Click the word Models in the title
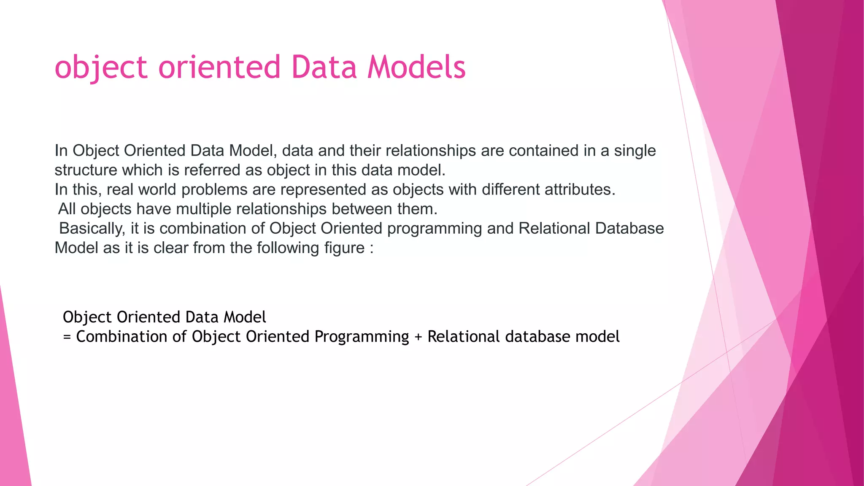click(416, 67)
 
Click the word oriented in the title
click(219, 67)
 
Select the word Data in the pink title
click(324, 67)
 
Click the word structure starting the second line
click(86, 170)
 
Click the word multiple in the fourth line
click(204, 209)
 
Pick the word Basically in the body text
click(92, 229)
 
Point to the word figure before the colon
click(344, 248)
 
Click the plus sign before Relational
click(418, 337)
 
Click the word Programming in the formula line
click(362, 337)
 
